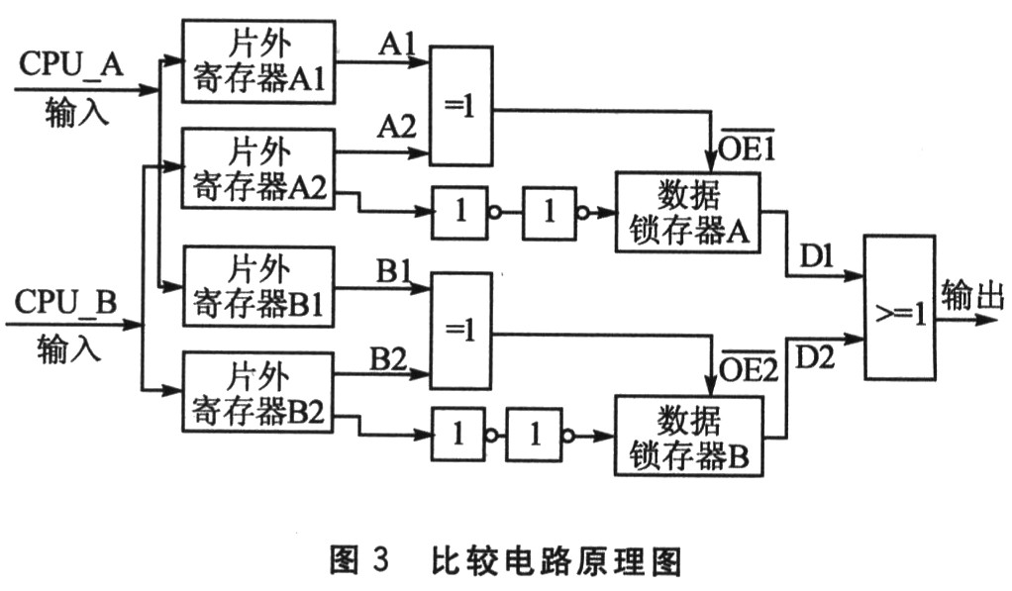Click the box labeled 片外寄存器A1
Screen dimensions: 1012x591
click(258, 61)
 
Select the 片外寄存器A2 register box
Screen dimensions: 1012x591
click(258, 168)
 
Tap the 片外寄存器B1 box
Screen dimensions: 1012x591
click(258, 286)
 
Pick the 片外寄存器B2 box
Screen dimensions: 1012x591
click(258, 392)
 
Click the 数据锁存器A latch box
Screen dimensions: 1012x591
click(688, 212)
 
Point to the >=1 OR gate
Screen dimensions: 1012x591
click(900, 307)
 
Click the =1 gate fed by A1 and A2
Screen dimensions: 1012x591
click(461, 106)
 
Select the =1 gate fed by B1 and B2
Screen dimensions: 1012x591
click(461, 331)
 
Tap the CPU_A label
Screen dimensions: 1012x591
click(71, 64)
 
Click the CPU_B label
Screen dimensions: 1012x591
click(65, 301)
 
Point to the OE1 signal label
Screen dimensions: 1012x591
click(746, 146)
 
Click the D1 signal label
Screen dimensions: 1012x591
click(817, 257)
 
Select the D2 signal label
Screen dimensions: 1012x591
click(815, 356)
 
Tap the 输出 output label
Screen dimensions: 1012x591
click(972, 296)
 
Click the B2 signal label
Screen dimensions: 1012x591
click(388, 359)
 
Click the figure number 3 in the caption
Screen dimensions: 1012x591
click(381, 558)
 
